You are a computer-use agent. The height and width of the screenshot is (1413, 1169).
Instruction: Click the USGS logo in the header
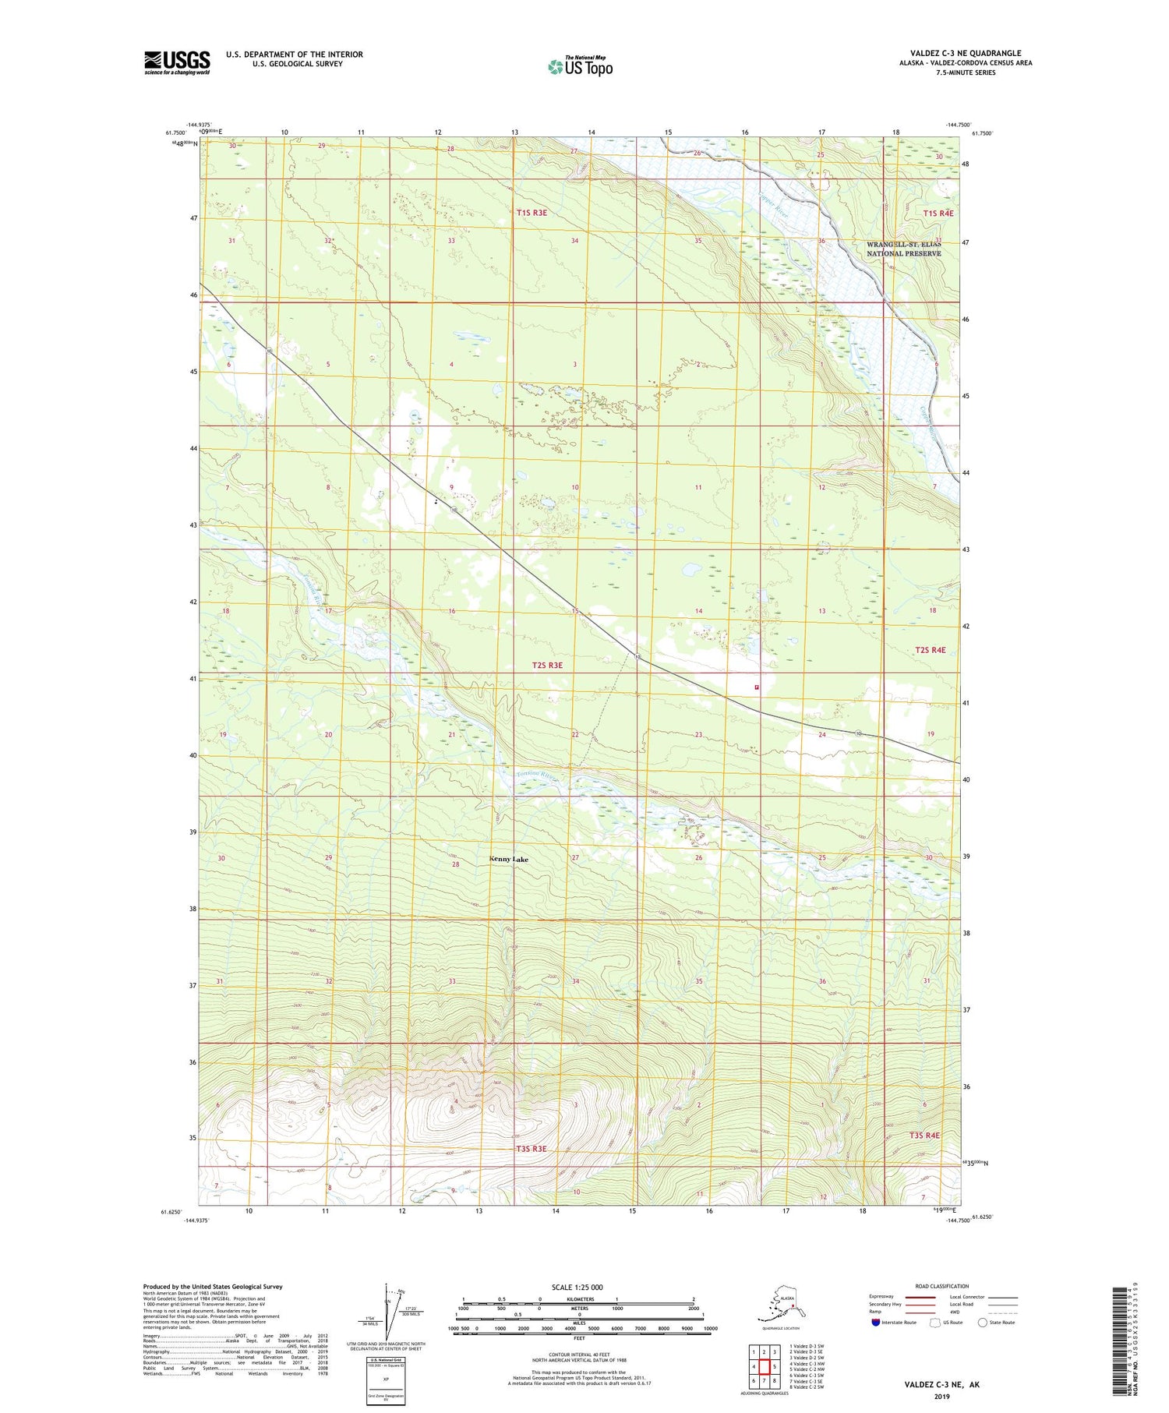point(177,62)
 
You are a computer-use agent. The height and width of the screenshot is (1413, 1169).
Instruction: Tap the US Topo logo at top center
point(580,66)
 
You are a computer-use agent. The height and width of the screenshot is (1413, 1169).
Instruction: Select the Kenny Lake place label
point(508,859)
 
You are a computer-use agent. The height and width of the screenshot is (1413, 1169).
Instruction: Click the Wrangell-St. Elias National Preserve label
point(904,249)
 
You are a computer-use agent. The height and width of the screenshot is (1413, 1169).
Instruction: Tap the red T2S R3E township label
point(546,666)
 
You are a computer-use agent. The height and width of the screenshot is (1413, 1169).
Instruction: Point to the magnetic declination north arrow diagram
point(387,1313)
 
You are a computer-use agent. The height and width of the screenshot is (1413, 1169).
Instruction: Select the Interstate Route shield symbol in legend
point(875,1323)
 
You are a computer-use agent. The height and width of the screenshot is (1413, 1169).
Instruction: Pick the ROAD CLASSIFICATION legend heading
point(941,1286)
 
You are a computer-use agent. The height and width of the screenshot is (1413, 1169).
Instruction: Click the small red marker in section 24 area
point(756,687)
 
